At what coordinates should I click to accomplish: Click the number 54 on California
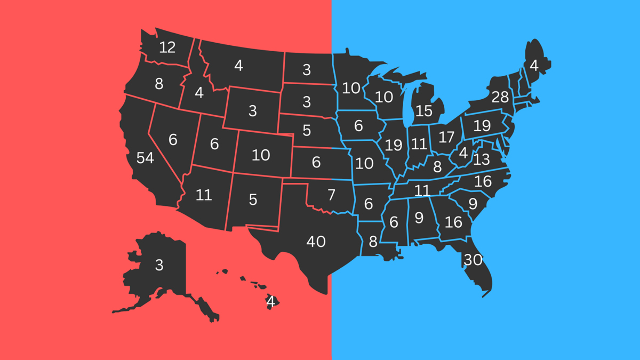click(145, 158)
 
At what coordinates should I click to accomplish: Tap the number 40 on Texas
click(316, 241)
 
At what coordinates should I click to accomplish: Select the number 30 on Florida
click(473, 260)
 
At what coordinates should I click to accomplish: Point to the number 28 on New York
click(500, 97)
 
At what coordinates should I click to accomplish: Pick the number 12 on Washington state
click(167, 47)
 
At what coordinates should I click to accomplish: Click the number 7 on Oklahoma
click(331, 195)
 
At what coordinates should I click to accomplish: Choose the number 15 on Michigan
click(424, 111)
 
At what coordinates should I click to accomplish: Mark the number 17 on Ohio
click(446, 137)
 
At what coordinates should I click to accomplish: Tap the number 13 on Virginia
click(481, 158)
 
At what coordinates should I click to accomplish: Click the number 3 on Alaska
click(159, 265)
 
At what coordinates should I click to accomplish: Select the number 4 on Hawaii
click(270, 302)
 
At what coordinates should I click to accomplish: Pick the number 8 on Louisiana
click(372, 242)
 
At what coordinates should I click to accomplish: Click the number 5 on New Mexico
click(253, 199)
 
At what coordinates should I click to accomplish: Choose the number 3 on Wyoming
click(252, 111)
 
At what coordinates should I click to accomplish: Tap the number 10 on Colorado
click(261, 155)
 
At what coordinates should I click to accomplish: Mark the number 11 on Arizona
click(204, 195)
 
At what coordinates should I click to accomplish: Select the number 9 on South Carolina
click(473, 203)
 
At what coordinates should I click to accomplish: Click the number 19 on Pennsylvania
click(482, 125)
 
